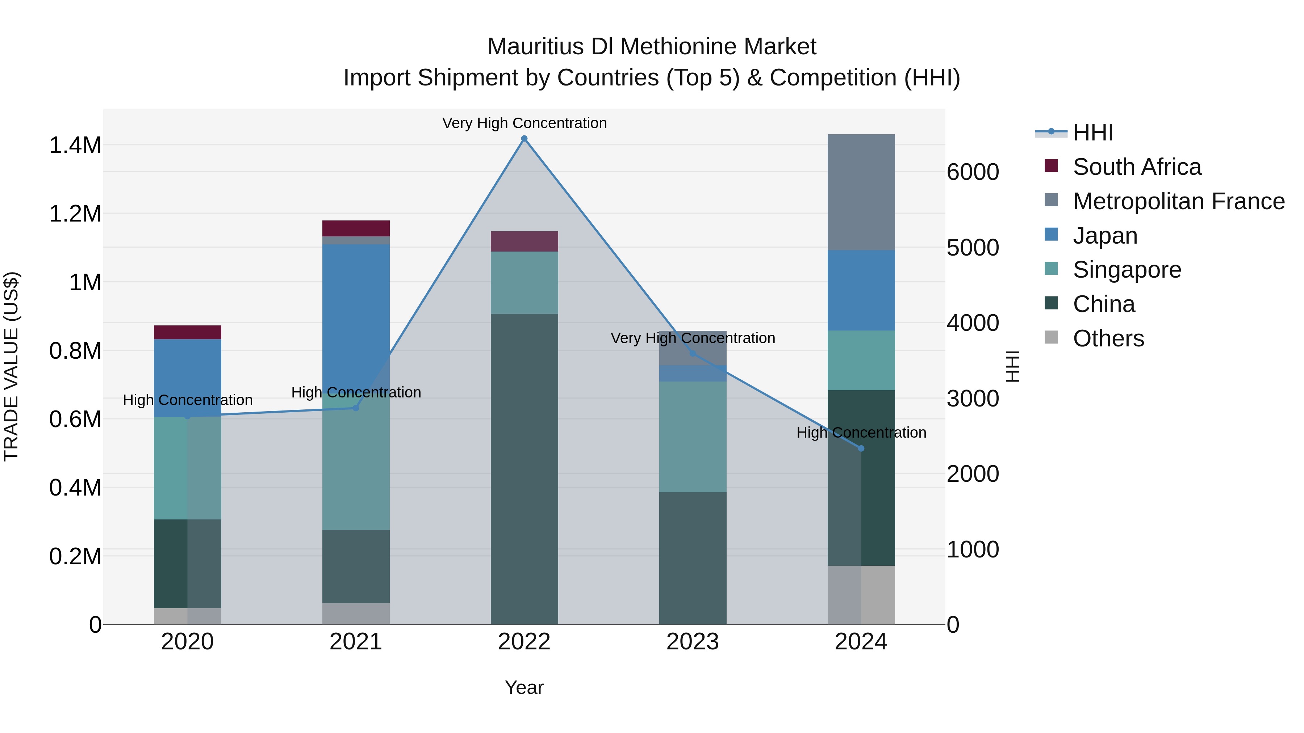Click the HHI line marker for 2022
pyautogui.click(x=524, y=139)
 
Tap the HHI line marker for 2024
pyautogui.click(x=861, y=448)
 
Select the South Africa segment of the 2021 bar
pyautogui.click(x=356, y=228)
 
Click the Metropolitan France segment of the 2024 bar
pyautogui.click(x=861, y=192)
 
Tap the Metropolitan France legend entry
pyautogui.click(x=1178, y=201)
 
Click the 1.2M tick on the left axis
pyautogui.click(x=75, y=214)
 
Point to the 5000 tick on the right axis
pyautogui.click(x=973, y=248)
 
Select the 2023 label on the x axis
pyautogui.click(x=693, y=642)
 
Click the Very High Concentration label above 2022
pyautogui.click(x=524, y=123)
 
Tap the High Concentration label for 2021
pyautogui.click(x=356, y=392)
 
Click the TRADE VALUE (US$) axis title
pyautogui.click(x=11, y=366)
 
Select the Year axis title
pyautogui.click(x=524, y=687)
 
